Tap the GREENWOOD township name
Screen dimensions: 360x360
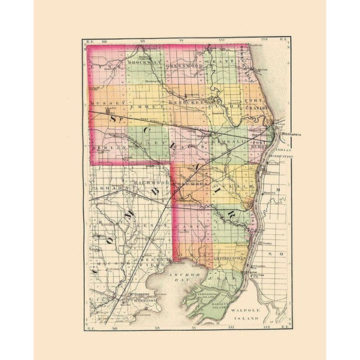tap(184, 65)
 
